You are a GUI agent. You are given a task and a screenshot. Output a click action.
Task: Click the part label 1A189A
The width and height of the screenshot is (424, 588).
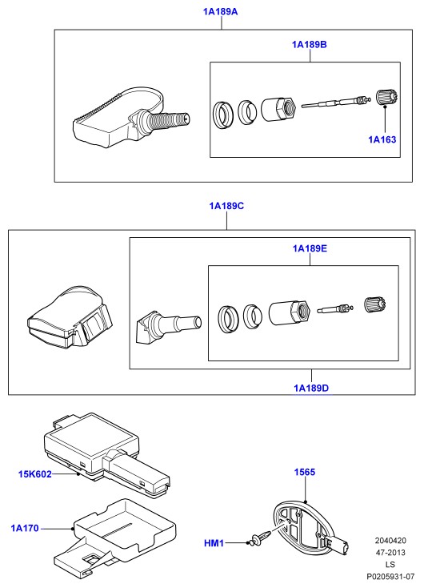coord(220,12)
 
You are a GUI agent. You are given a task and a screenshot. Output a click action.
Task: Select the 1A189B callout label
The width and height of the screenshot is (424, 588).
coord(310,45)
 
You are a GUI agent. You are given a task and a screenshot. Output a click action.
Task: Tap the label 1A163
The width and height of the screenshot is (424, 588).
coord(382,139)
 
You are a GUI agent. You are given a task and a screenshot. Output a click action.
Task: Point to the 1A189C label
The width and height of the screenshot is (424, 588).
coord(226,206)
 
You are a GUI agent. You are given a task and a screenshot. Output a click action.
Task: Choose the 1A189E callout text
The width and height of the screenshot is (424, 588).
coord(310,248)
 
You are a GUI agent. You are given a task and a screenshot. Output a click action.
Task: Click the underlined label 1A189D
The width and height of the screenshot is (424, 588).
coord(311,388)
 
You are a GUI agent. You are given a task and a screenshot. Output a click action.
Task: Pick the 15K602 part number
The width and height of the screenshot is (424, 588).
coord(35,474)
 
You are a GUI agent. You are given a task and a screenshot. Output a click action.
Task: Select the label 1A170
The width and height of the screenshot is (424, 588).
coord(25,529)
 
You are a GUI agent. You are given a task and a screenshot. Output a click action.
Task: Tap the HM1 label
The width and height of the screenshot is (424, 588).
coord(214,543)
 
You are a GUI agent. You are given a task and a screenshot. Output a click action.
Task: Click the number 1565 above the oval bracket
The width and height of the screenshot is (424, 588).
coord(305,472)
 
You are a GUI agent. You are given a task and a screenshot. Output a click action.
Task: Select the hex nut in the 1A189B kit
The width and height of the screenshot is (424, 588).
coord(278,109)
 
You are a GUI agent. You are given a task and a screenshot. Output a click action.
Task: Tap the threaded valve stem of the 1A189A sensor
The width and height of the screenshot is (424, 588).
coord(169,121)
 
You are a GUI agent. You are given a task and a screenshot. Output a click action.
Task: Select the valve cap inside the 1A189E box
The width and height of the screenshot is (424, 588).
coord(375,304)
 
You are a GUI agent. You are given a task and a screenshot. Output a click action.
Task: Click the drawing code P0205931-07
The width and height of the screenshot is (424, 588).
coord(390,576)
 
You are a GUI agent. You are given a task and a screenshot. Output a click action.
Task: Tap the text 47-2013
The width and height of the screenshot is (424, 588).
coord(390,553)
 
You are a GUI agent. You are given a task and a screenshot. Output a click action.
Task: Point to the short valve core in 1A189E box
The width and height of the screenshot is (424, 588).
coord(336,308)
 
